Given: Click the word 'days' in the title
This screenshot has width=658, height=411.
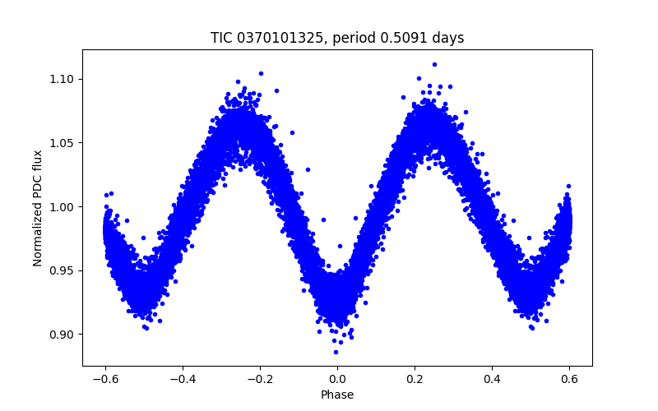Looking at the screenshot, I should [x=447, y=38].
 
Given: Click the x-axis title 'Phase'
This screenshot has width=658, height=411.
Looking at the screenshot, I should [x=337, y=395].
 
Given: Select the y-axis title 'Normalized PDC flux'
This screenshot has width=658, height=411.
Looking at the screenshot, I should [x=38, y=207].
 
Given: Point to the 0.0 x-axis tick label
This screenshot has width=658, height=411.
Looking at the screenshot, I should [x=337, y=379].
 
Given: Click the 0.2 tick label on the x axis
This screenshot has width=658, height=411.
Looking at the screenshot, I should [x=415, y=379].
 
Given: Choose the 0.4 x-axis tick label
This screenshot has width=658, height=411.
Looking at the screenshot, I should [x=492, y=379].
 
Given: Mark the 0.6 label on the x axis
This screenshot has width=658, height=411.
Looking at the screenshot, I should [x=569, y=379].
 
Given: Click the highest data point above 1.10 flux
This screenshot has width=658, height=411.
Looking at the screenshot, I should [x=434, y=64].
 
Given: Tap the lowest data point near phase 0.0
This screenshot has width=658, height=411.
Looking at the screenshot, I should [x=336, y=352].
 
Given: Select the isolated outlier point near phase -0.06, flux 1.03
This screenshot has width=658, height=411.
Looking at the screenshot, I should [x=308, y=169].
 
